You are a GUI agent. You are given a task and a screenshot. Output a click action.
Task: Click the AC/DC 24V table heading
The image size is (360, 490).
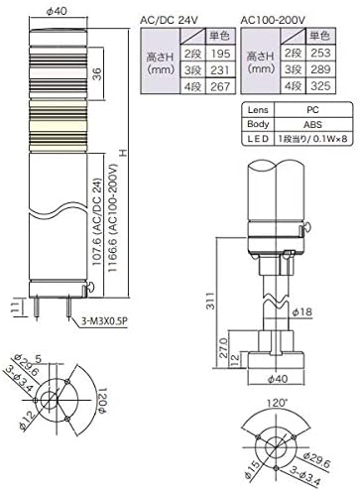177,19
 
